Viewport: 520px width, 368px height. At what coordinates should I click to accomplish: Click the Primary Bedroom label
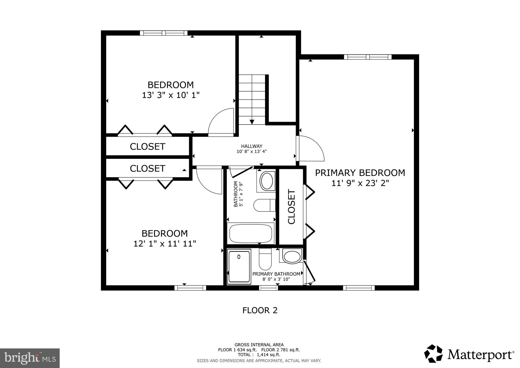tap(360, 173)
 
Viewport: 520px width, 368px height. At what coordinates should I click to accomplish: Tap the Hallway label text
tap(251, 146)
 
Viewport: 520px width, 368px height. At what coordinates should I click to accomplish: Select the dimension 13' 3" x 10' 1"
tap(171, 95)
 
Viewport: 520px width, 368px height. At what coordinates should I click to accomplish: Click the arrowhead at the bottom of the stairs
tap(252, 122)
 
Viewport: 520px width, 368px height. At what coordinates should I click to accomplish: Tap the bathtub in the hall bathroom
tap(251, 233)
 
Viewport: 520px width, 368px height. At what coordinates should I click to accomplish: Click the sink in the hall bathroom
tap(267, 181)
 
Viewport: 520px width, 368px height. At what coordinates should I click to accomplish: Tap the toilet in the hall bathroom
tap(264, 205)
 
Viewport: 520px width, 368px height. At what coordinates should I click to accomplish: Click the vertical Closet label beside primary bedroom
tap(291, 207)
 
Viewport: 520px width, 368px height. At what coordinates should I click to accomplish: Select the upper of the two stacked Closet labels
tap(148, 147)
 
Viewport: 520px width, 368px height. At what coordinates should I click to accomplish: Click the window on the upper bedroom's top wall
tap(164, 33)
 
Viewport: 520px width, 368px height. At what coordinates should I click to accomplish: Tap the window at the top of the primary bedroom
tap(367, 57)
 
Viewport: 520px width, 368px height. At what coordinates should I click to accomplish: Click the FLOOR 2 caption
tap(260, 310)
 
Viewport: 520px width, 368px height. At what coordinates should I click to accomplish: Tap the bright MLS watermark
tap(30, 358)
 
